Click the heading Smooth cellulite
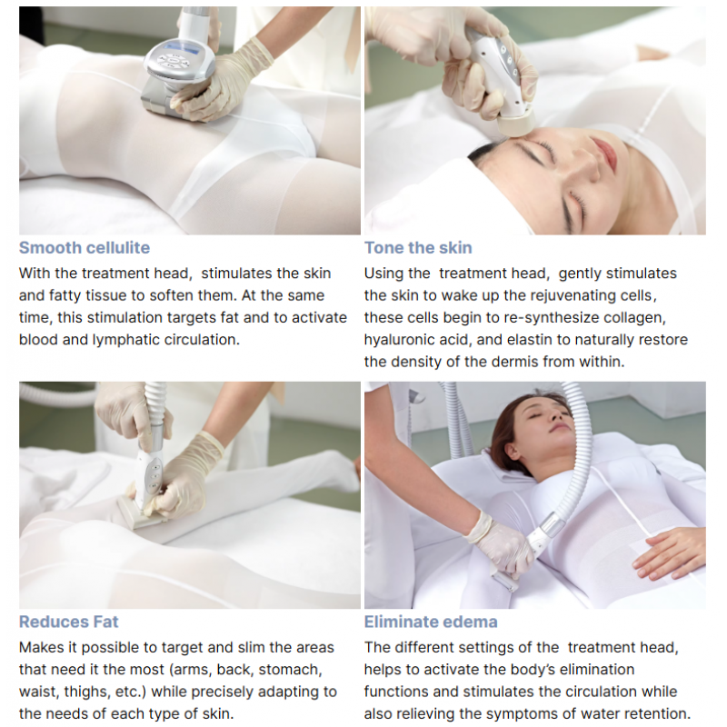coord(85,247)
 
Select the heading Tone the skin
coord(418,247)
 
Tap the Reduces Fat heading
coord(69,622)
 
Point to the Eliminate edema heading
coord(431,622)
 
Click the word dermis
coord(516,362)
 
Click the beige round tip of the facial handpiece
coord(516,124)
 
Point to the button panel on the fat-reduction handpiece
coord(154,476)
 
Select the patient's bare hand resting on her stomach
coord(668,552)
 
